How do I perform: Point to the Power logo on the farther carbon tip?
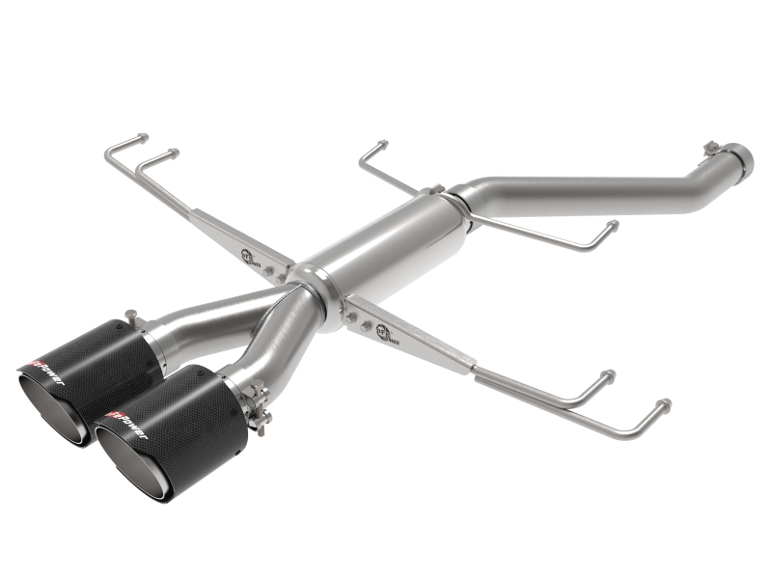click(42, 369)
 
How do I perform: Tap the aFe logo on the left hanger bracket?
click(249, 255)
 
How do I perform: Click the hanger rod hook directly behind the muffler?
click(382, 146)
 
